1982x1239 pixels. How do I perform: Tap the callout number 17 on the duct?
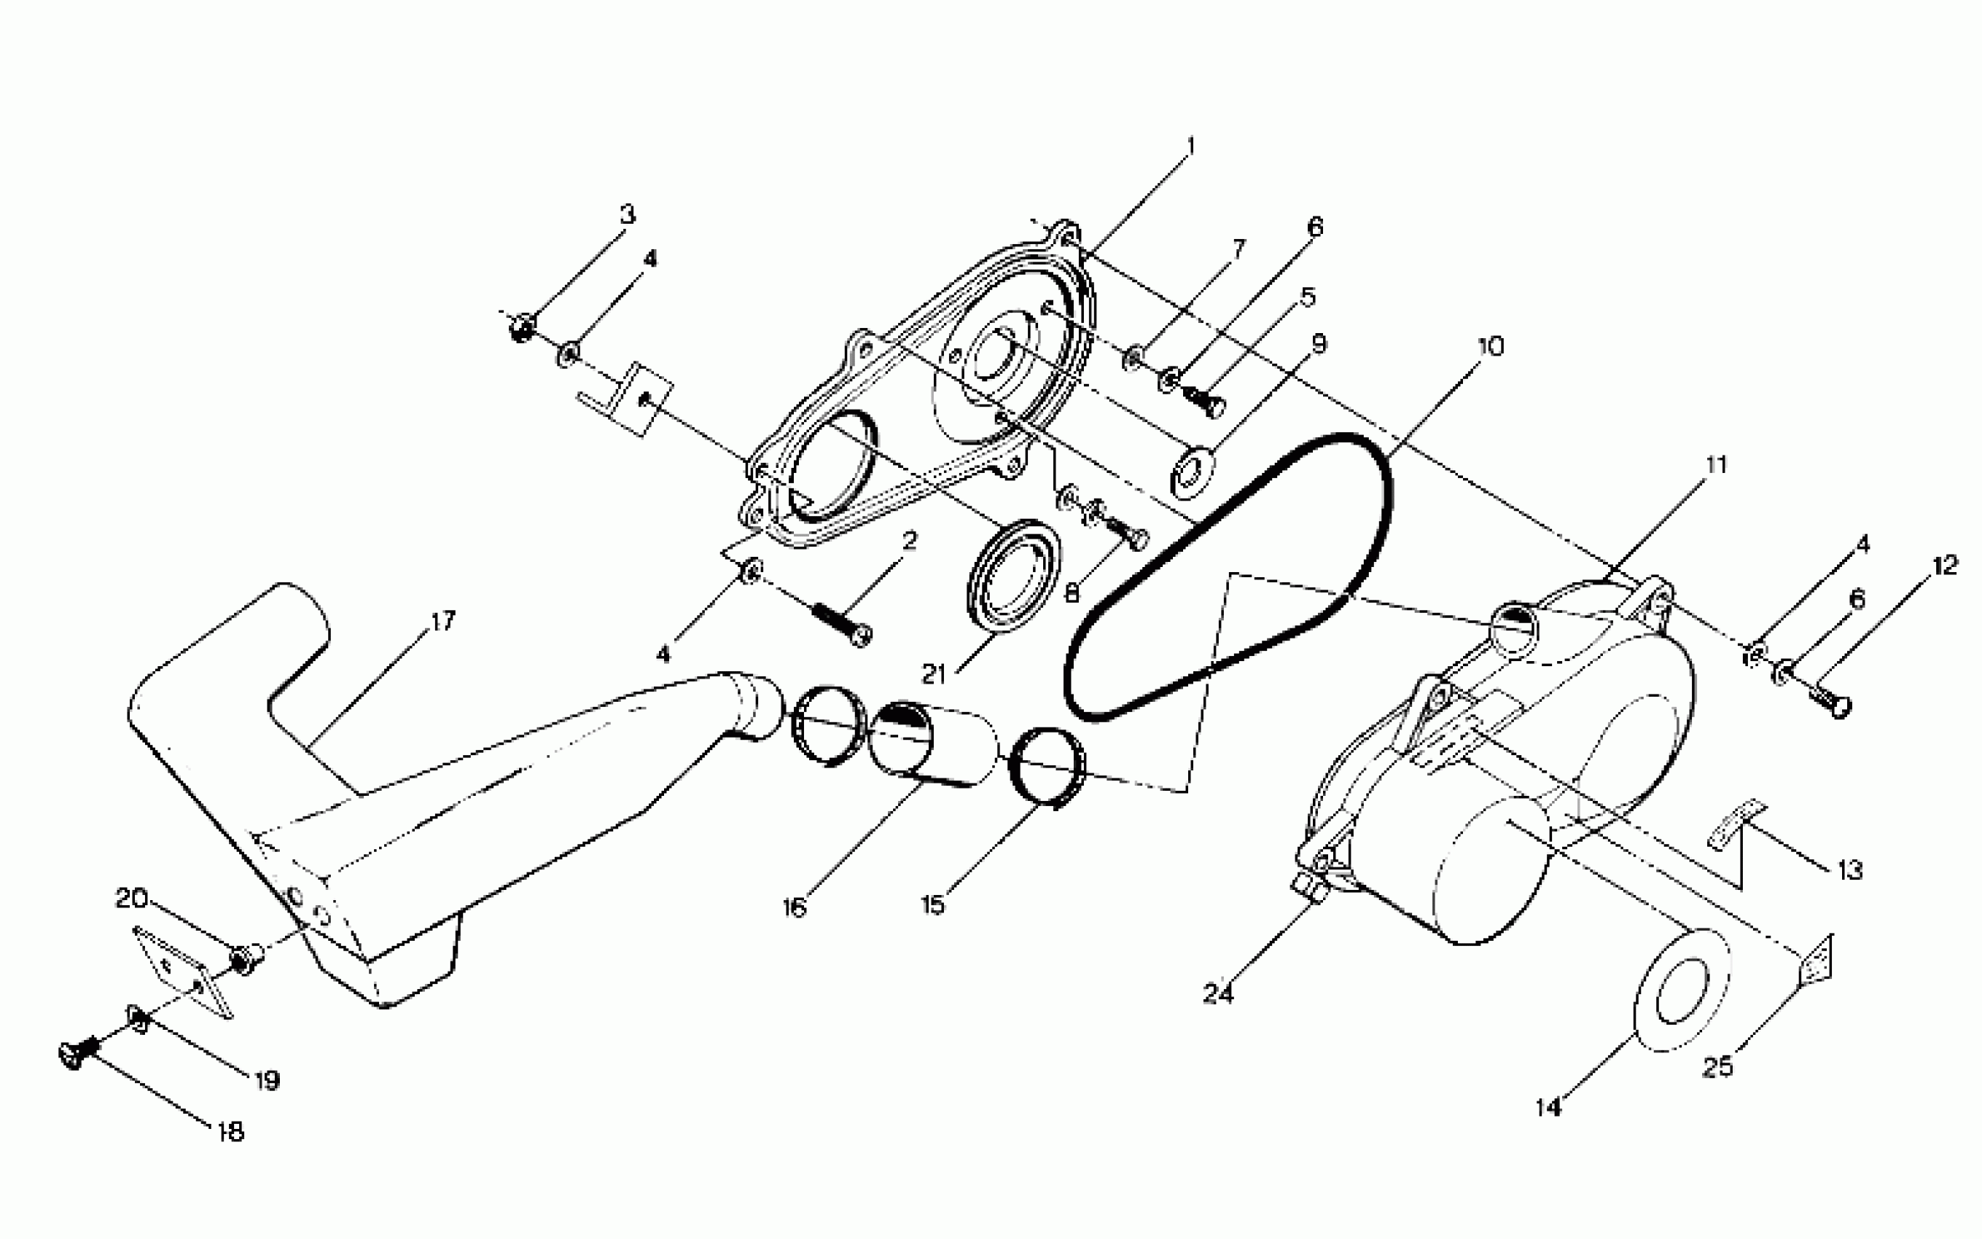[x=442, y=621]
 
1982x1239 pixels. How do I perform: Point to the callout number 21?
[x=933, y=674]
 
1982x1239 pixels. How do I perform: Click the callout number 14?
[x=1548, y=1107]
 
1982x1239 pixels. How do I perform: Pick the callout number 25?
[x=1717, y=1067]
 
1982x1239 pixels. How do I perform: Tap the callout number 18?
[x=231, y=1133]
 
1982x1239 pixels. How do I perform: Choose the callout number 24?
[x=1217, y=994]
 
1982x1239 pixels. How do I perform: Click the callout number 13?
[x=1850, y=869]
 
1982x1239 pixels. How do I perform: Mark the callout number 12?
[x=1945, y=565]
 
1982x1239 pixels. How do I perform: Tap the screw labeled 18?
[x=77, y=1054]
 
